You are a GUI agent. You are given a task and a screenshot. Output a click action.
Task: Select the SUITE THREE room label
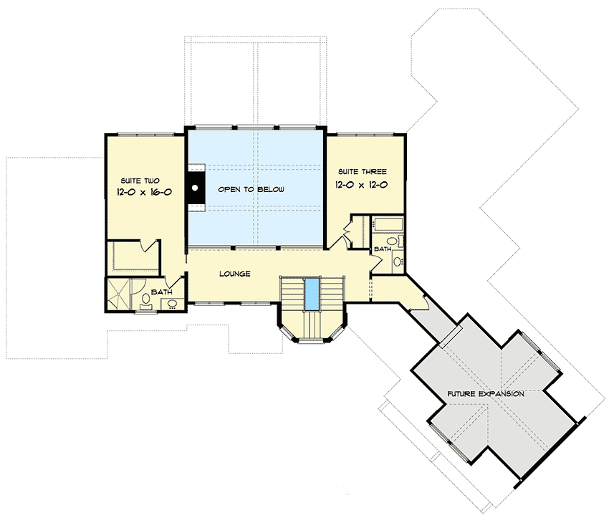click(x=362, y=172)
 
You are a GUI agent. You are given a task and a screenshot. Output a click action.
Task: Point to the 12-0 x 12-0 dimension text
click(x=362, y=184)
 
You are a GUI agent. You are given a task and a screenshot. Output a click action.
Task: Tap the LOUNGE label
click(x=235, y=274)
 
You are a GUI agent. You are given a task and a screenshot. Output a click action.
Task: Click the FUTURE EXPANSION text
click(x=486, y=394)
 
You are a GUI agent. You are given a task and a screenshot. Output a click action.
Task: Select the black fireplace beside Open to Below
click(x=194, y=188)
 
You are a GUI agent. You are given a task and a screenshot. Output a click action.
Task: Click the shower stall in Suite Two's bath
click(x=120, y=295)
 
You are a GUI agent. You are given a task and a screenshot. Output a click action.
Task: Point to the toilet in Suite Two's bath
click(x=145, y=299)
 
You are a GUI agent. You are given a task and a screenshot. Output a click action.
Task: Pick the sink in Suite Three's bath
click(x=397, y=261)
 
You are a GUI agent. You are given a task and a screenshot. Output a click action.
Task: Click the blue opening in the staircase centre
click(x=312, y=294)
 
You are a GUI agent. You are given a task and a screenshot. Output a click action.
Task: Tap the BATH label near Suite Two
click(x=161, y=292)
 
